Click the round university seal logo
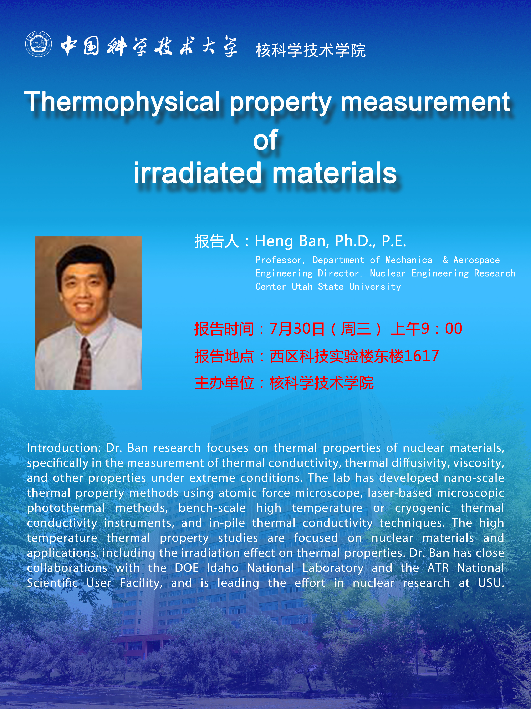click(x=39, y=44)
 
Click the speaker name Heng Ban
click(x=291, y=241)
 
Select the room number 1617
click(x=421, y=356)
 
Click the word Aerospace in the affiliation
click(x=476, y=260)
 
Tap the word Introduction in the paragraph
click(x=64, y=448)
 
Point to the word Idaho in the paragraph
click(x=223, y=568)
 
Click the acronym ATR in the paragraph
click(x=438, y=568)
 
